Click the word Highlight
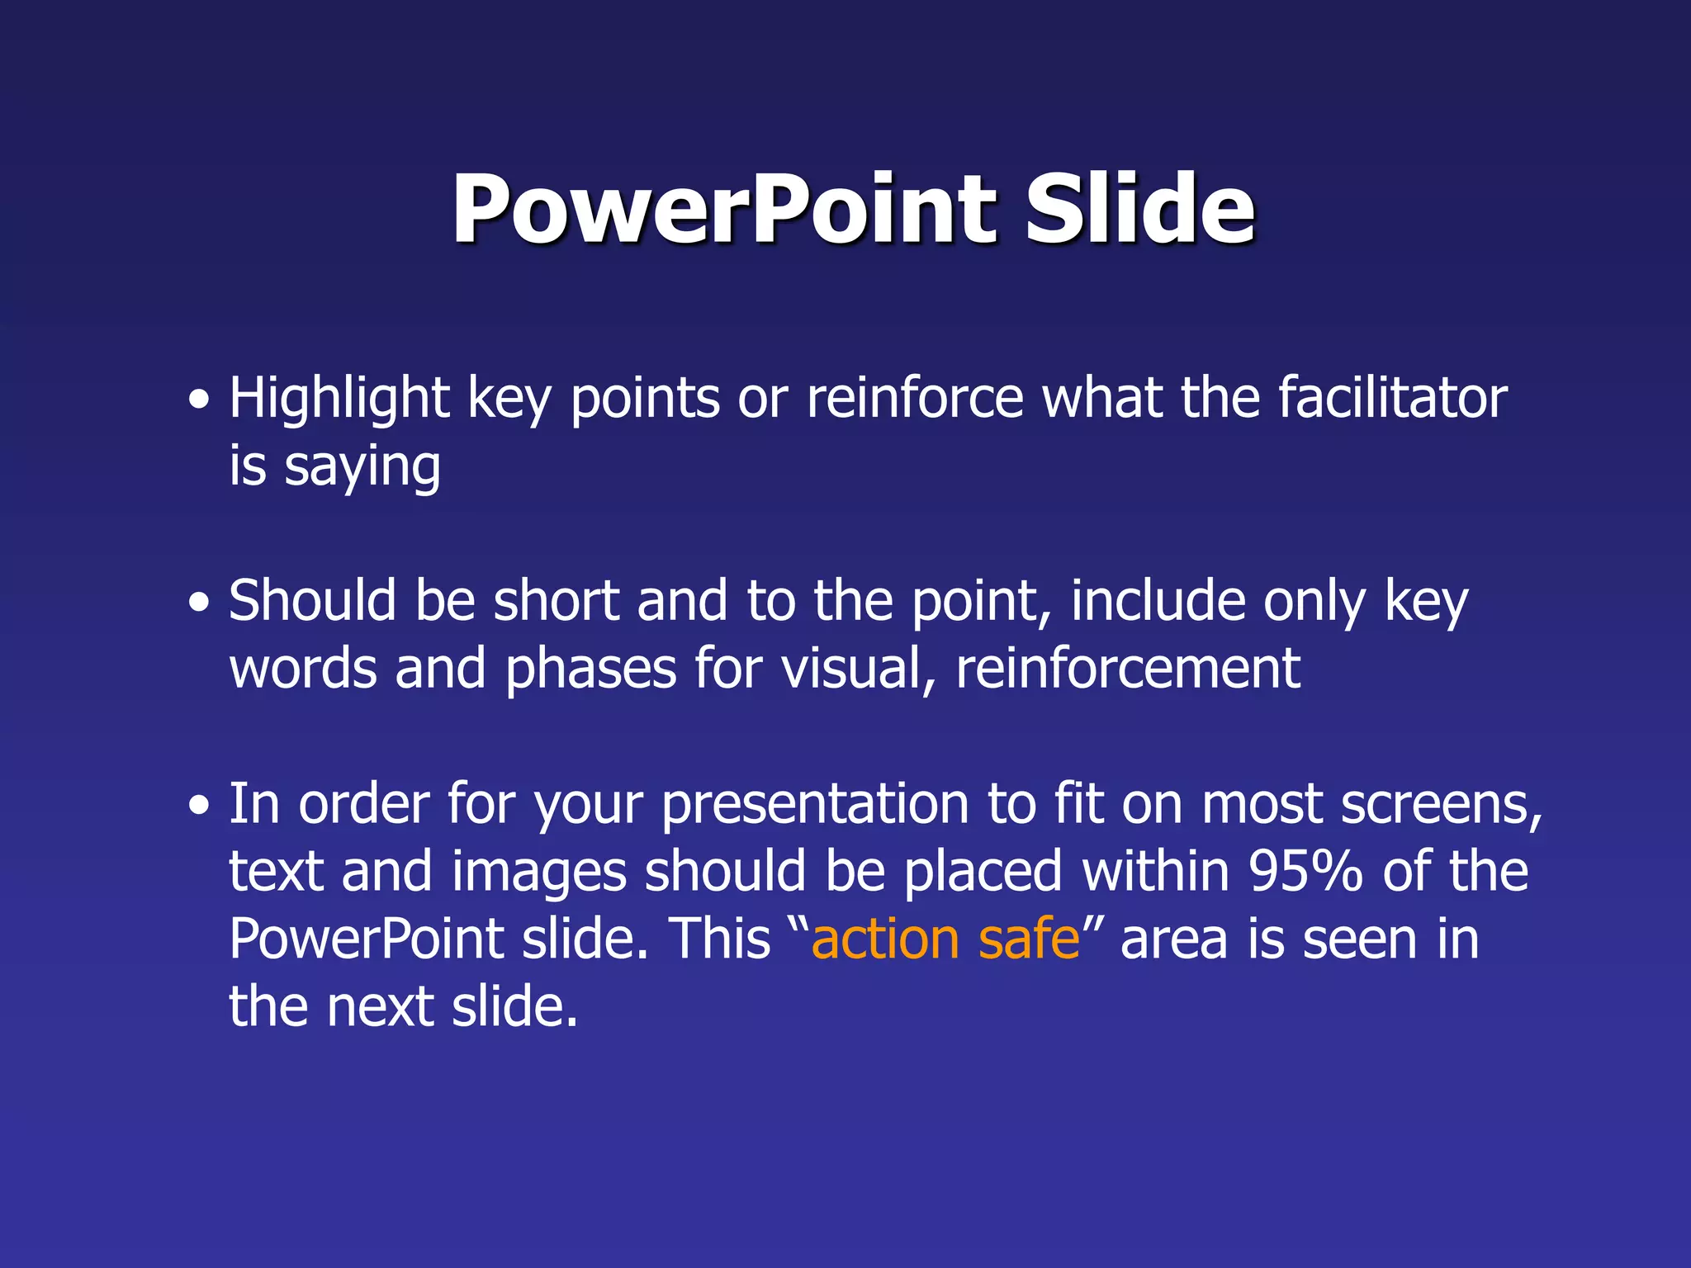point(339,399)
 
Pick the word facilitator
point(1392,399)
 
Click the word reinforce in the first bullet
point(915,399)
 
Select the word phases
point(590,669)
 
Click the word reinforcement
point(1128,669)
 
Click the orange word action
point(885,939)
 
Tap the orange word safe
point(1029,939)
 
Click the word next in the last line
point(380,1007)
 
